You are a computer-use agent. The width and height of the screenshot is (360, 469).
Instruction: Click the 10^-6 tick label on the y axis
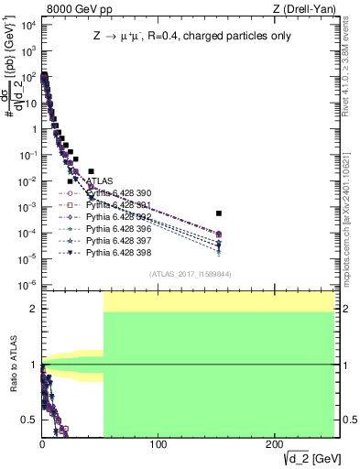point(28,284)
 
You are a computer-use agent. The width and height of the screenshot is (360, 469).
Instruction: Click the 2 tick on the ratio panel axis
point(35,309)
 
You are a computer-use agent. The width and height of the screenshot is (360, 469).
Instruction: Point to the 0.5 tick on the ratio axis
point(32,420)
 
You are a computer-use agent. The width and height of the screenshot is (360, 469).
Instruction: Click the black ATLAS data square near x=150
point(219,213)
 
